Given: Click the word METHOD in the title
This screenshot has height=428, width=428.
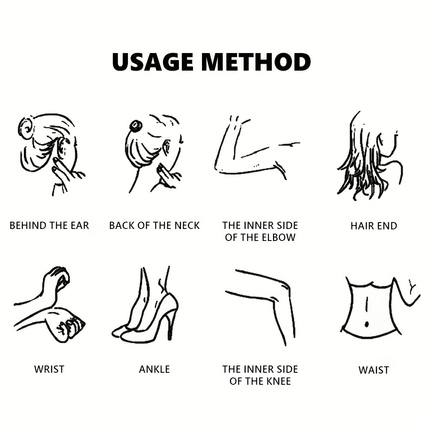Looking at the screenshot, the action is click(x=256, y=62).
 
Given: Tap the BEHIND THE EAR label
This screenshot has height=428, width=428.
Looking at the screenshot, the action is click(x=49, y=226).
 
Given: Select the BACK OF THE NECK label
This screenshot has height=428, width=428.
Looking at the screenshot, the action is click(x=155, y=226).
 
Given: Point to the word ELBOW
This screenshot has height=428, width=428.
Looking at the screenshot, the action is click(x=279, y=238).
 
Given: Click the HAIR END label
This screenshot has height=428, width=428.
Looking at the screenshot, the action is click(x=374, y=226).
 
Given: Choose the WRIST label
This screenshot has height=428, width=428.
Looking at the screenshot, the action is click(x=49, y=369).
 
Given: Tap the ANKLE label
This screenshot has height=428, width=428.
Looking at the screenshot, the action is click(x=155, y=369).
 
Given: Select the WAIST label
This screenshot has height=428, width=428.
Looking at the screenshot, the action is click(x=374, y=370).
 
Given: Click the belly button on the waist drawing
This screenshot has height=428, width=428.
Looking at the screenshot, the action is click(x=367, y=324).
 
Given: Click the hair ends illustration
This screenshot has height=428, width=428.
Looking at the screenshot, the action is click(x=370, y=156).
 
